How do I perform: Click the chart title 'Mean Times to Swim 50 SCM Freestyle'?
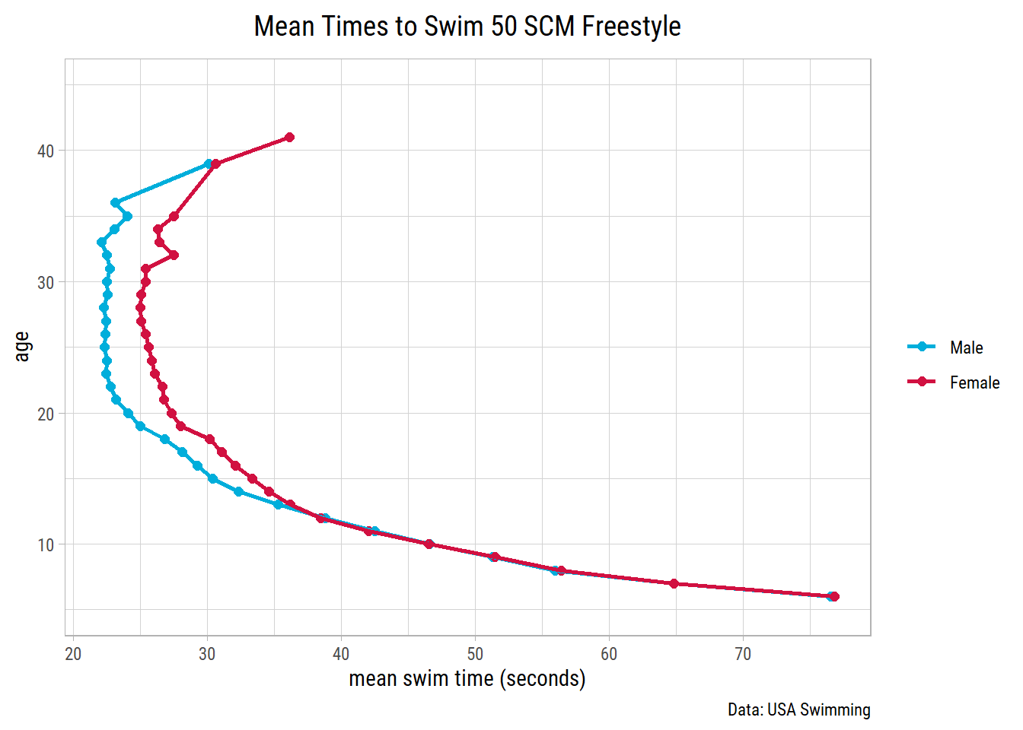tap(467, 27)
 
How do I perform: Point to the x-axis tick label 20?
tap(73, 654)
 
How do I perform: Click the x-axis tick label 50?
tap(475, 654)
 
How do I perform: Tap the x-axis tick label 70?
tap(743, 654)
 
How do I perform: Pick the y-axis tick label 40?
tap(46, 151)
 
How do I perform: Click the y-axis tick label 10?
tap(46, 545)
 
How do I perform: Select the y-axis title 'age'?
tap(22, 347)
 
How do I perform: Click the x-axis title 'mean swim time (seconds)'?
tap(467, 678)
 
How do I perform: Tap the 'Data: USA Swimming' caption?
tap(798, 709)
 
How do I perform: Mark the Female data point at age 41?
tap(289, 138)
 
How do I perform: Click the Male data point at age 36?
tap(116, 203)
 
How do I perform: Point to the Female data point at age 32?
tap(174, 255)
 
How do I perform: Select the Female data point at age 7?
tap(674, 584)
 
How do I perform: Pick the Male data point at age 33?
tap(101, 243)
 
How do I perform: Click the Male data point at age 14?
tap(239, 492)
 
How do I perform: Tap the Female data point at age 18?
tap(210, 440)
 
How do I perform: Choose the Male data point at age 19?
tap(140, 427)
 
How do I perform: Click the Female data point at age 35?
tap(174, 217)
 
